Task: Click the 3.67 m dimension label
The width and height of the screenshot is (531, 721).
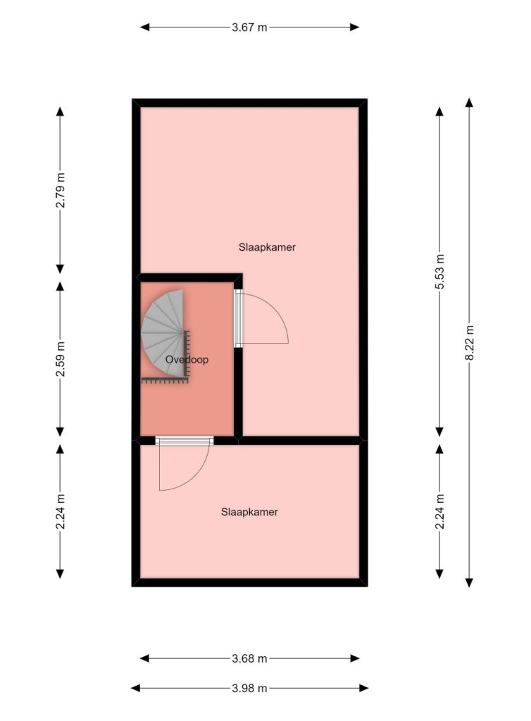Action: click(249, 27)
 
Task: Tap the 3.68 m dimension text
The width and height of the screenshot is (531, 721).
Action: click(249, 658)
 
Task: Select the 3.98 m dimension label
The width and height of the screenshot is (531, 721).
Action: click(249, 689)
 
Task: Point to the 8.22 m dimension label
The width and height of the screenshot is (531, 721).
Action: click(469, 343)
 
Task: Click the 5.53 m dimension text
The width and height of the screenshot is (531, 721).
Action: click(439, 271)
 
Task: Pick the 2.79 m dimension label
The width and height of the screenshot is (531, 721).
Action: click(61, 190)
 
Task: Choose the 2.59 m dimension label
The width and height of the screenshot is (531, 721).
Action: click(61, 358)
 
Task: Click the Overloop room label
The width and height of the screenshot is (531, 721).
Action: click(187, 360)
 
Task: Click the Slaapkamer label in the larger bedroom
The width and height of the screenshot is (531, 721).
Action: click(267, 247)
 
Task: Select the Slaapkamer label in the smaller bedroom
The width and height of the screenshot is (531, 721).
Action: click(249, 512)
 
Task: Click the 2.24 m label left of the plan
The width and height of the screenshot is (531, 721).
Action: click(61, 511)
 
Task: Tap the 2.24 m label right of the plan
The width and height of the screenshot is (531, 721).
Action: click(439, 511)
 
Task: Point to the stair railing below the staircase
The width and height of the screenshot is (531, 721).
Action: click(165, 380)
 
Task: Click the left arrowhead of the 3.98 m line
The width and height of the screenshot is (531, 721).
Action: click(136, 689)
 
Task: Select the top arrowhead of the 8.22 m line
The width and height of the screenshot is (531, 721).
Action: click(469, 102)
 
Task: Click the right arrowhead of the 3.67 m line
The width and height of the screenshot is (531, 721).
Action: click(354, 27)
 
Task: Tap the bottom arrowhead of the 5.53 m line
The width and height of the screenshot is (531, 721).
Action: click(439, 432)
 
